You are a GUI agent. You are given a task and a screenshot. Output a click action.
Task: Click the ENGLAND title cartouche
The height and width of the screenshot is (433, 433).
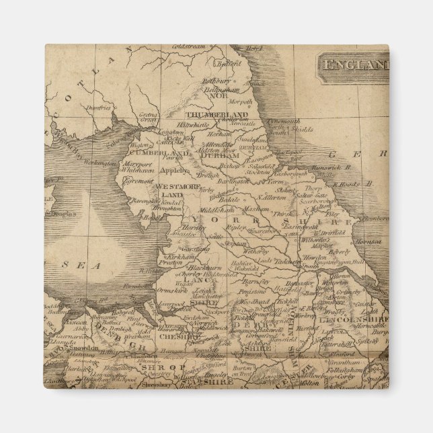coord(353,65)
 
